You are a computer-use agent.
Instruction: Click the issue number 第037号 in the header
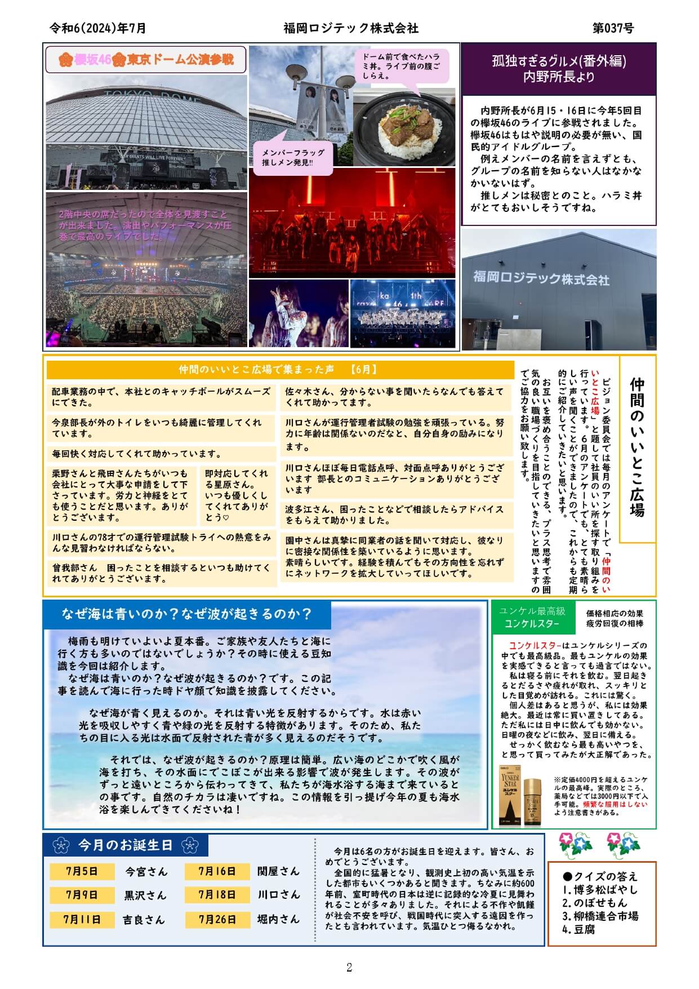pyautogui.click(x=613, y=28)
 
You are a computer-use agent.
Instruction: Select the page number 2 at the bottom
pyautogui.click(x=349, y=968)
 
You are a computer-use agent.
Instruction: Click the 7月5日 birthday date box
pyautogui.click(x=82, y=871)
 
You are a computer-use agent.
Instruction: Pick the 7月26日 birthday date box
pyautogui.click(x=217, y=919)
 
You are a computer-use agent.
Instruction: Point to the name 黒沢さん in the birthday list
pyautogui.click(x=145, y=895)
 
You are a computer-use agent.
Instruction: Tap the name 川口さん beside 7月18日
pyautogui.click(x=279, y=895)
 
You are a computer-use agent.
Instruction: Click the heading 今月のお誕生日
pyautogui.click(x=125, y=845)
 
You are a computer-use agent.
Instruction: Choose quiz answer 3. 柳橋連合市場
pyautogui.click(x=600, y=916)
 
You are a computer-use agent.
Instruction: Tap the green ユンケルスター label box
pyautogui.click(x=532, y=618)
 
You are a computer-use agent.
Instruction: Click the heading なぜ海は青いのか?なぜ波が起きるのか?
pyautogui.click(x=186, y=614)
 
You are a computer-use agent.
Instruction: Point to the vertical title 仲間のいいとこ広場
pyautogui.click(x=637, y=447)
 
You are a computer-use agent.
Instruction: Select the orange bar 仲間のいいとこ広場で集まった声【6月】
pyautogui.click(x=278, y=370)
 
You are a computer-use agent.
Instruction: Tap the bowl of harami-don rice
pyautogui.click(x=405, y=127)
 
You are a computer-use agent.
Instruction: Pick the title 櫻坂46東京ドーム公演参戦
pyautogui.click(x=146, y=60)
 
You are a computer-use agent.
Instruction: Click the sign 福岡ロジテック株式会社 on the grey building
pyautogui.click(x=541, y=278)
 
